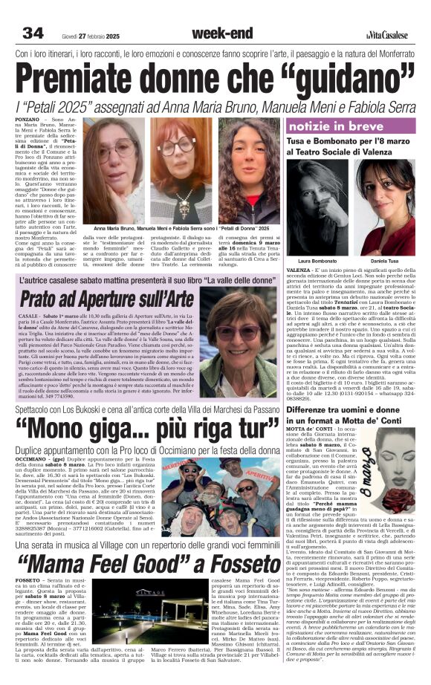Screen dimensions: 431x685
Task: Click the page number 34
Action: (x=32, y=33)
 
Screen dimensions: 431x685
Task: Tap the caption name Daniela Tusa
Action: (x=386, y=262)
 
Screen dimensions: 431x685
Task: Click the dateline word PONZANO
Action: (x=27, y=119)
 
